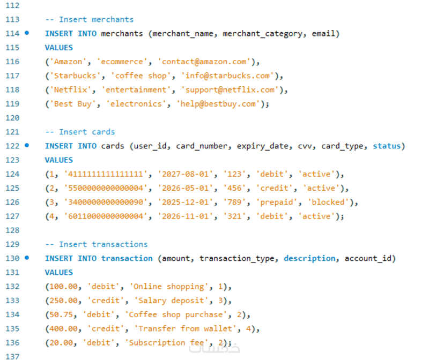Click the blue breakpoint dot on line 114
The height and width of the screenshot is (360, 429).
pos(27,33)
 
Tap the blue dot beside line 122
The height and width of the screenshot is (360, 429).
pos(27,145)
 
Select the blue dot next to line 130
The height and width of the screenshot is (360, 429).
pos(27,258)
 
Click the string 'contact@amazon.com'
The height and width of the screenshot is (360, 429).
pos(204,62)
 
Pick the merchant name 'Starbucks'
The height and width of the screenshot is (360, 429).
pos(75,76)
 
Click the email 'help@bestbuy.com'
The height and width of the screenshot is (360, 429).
pos(218,104)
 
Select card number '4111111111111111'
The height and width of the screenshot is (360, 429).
pos(106,174)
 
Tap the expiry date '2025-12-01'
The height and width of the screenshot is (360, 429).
pos(185,202)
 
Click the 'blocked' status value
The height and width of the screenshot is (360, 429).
pos(328,202)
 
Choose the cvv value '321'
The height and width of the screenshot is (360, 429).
pos(234,216)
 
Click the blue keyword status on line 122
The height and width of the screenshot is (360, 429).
pos(387,146)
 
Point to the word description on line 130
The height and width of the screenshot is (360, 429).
pos(309,258)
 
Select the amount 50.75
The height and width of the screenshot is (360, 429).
pos(61,314)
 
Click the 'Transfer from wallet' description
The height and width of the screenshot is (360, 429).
pos(185,328)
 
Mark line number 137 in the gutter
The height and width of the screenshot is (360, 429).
pos(12,356)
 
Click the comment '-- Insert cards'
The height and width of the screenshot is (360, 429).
pos(80,132)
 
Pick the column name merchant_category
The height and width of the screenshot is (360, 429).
pos(263,34)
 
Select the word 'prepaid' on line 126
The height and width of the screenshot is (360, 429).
pos(276,202)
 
